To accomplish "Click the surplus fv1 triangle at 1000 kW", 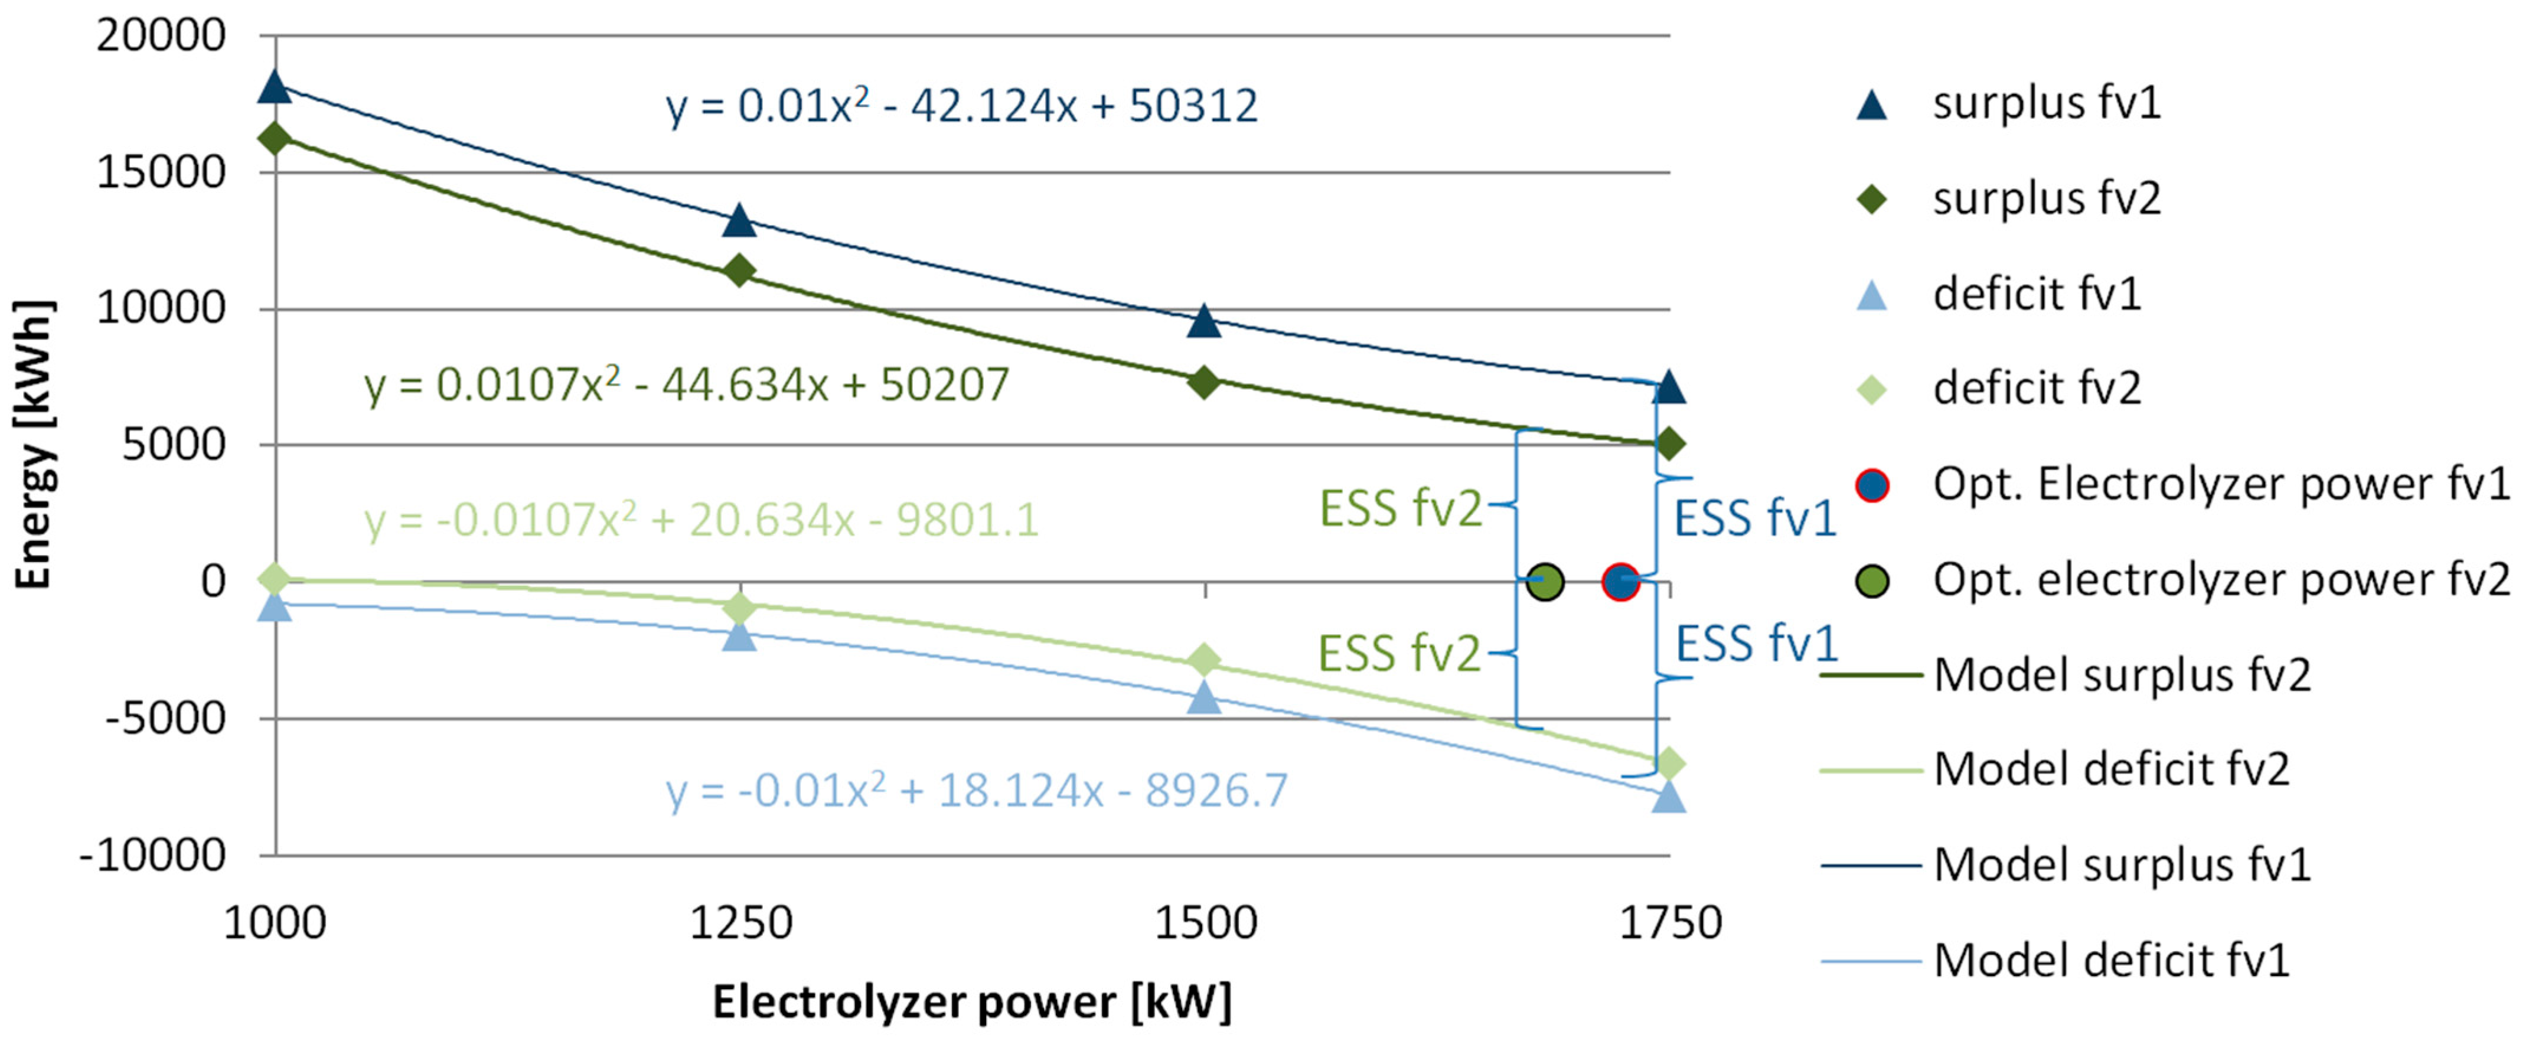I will pos(275,87).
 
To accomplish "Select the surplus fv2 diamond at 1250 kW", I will pos(739,270).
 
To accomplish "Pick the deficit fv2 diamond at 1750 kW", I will pos(1669,763).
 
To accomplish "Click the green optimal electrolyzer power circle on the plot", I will pos(1545,582).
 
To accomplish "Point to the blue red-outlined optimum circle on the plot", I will pos(1620,582).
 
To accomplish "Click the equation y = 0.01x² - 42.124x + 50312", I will pos(961,106).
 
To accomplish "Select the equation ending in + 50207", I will pos(686,384).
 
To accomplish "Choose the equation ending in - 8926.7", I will pos(976,790).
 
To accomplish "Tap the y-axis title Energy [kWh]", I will pos(34,444).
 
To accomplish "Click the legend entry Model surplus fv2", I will pos(2121,676).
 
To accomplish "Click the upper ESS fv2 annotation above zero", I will pos(1399,509).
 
